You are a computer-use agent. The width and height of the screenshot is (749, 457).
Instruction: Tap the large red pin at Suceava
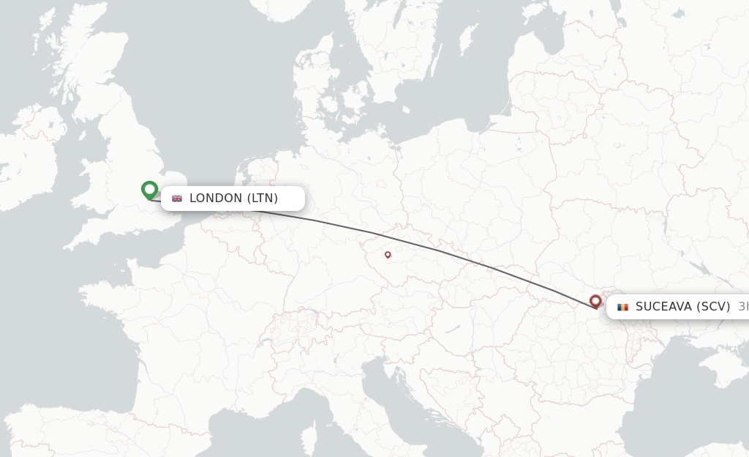coord(595,301)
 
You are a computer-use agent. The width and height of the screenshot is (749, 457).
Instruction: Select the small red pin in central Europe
coord(388,255)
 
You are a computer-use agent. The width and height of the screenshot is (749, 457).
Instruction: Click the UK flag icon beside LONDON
coord(177,198)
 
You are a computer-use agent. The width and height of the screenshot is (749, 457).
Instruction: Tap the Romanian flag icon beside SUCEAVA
coord(623,307)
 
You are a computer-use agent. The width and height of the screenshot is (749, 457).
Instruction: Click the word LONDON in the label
coord(216,198)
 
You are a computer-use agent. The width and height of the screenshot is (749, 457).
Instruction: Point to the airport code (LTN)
coord(263,198)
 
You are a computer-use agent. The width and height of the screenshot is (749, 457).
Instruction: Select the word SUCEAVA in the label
coord(663,307)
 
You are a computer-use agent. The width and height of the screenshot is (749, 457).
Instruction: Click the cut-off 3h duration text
coord(742,307)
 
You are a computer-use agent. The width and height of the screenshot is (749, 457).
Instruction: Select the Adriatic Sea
coord(410,395)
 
